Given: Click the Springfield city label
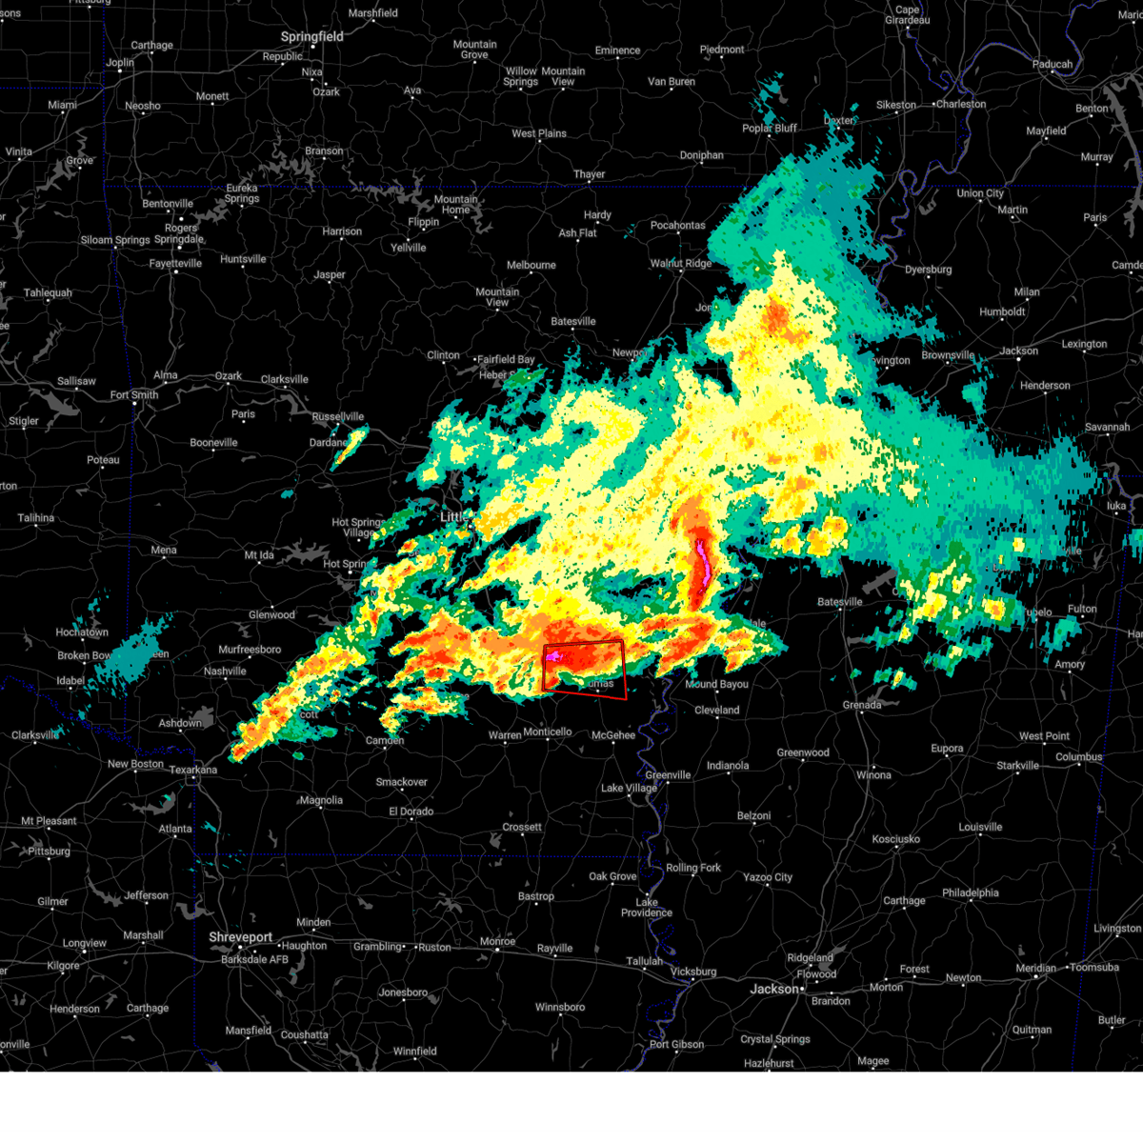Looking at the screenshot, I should (x=311, y=36).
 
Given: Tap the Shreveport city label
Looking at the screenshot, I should (x=240, y=937).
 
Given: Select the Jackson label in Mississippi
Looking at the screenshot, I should (x=773, y=989).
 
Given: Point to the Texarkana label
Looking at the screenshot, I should (x=192, y=770).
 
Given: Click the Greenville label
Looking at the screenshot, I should (x=668, y=775).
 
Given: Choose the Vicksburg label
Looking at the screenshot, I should (x=692, y=972).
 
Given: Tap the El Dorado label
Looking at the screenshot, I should (x=411, y=812).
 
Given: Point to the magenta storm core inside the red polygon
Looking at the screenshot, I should (x=553, y=655).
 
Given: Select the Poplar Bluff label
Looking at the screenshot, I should (x=770, y=129).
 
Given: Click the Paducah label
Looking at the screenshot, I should (x=1052, y=65).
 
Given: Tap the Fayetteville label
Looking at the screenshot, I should (x=175, y=263).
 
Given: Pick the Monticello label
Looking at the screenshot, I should (x=547, y=732).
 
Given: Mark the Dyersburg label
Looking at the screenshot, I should (x=928, y=270).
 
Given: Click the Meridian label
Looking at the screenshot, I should (x=1034, y=968).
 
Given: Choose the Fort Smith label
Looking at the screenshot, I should (x=133, y=395).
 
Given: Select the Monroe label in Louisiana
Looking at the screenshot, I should (x=497, y=942).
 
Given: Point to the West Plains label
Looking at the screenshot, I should (x=539, y=133).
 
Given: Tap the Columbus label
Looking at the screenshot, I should (x=1078, y=757).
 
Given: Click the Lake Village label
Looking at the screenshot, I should (x=629, y=788).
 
